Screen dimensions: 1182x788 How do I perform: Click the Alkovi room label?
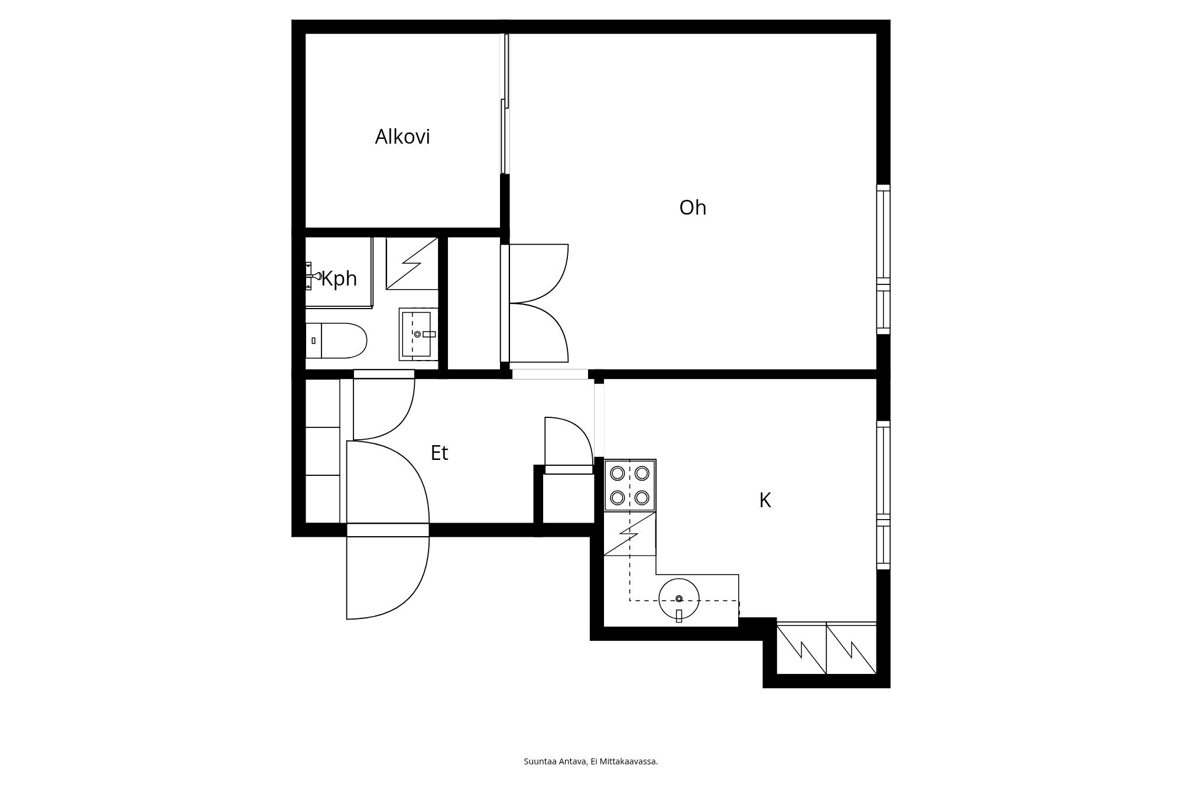(402, 137)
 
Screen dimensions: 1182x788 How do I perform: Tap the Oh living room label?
(693, 207)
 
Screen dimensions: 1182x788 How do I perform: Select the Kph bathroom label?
(339, 278)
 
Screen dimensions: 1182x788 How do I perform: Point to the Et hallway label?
(439, 453)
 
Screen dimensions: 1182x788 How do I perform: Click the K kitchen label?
(765, 501)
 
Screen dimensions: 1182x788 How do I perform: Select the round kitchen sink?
(679, 599)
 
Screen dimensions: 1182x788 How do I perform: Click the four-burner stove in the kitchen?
(630, 485)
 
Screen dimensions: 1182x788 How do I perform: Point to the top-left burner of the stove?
(618, 473)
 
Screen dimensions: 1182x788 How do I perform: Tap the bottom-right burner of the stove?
(642, 497)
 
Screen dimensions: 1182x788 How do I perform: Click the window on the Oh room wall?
(883, 260)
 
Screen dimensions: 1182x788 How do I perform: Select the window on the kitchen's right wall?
(883, 495)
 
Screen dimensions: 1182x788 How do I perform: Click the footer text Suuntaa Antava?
(555, 761)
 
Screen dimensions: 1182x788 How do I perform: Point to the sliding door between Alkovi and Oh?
(505, 103)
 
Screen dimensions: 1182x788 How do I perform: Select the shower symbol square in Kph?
(412, 264)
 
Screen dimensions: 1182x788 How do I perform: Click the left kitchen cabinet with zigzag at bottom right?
(801, 649)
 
